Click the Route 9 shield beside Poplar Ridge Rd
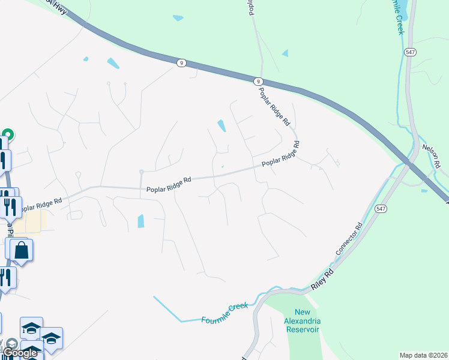[x=257, y=81]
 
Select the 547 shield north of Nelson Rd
[x=410, y=53]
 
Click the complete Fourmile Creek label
[x=224, y=313]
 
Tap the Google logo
[x=21, y=353]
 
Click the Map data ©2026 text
[x=423, y=355]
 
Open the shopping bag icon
[x=21, y=251]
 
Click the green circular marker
[x=8, y=134]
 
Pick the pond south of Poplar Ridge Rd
[x=141, y=221]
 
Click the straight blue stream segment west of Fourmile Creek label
[x=167, y=308]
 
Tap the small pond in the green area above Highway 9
[x=178, y=18]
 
